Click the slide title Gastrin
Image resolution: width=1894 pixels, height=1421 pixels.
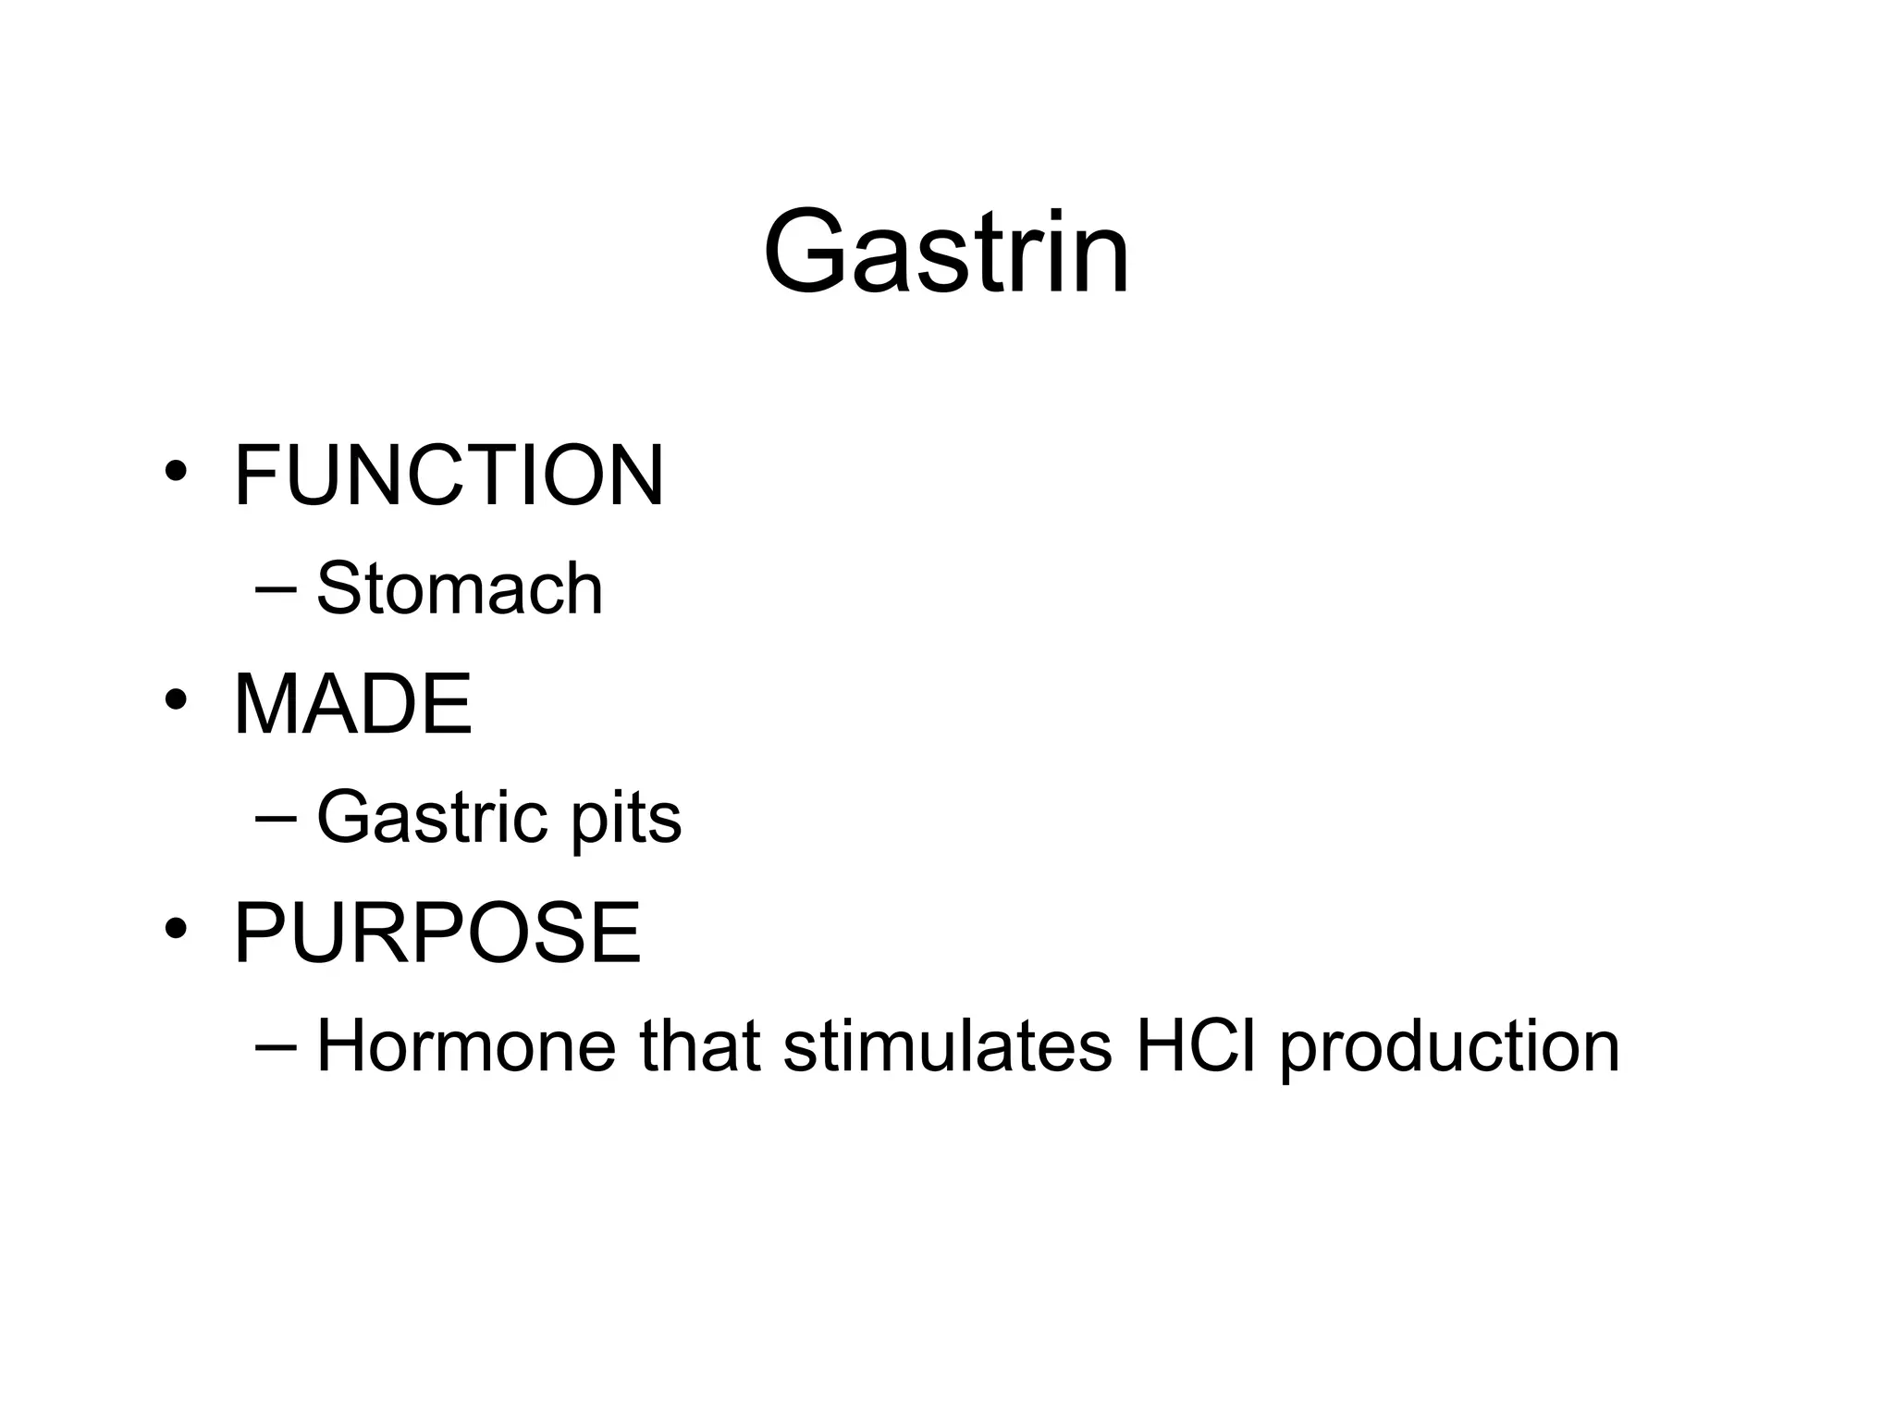coord(946,252)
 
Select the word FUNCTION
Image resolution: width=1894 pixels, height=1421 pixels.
coord(449,476)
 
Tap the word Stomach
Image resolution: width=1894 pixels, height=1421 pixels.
coord(460,588)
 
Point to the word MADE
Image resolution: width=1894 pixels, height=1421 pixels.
coord(353,704)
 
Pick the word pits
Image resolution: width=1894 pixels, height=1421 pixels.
coord(626,819)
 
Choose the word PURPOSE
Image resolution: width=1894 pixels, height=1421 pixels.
coord(437,933)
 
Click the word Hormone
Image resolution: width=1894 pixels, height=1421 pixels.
coord(466,1046)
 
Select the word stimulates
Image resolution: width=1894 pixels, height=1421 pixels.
coord(947,1046)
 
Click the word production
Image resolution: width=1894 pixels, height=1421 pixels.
coord(1449,1048)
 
